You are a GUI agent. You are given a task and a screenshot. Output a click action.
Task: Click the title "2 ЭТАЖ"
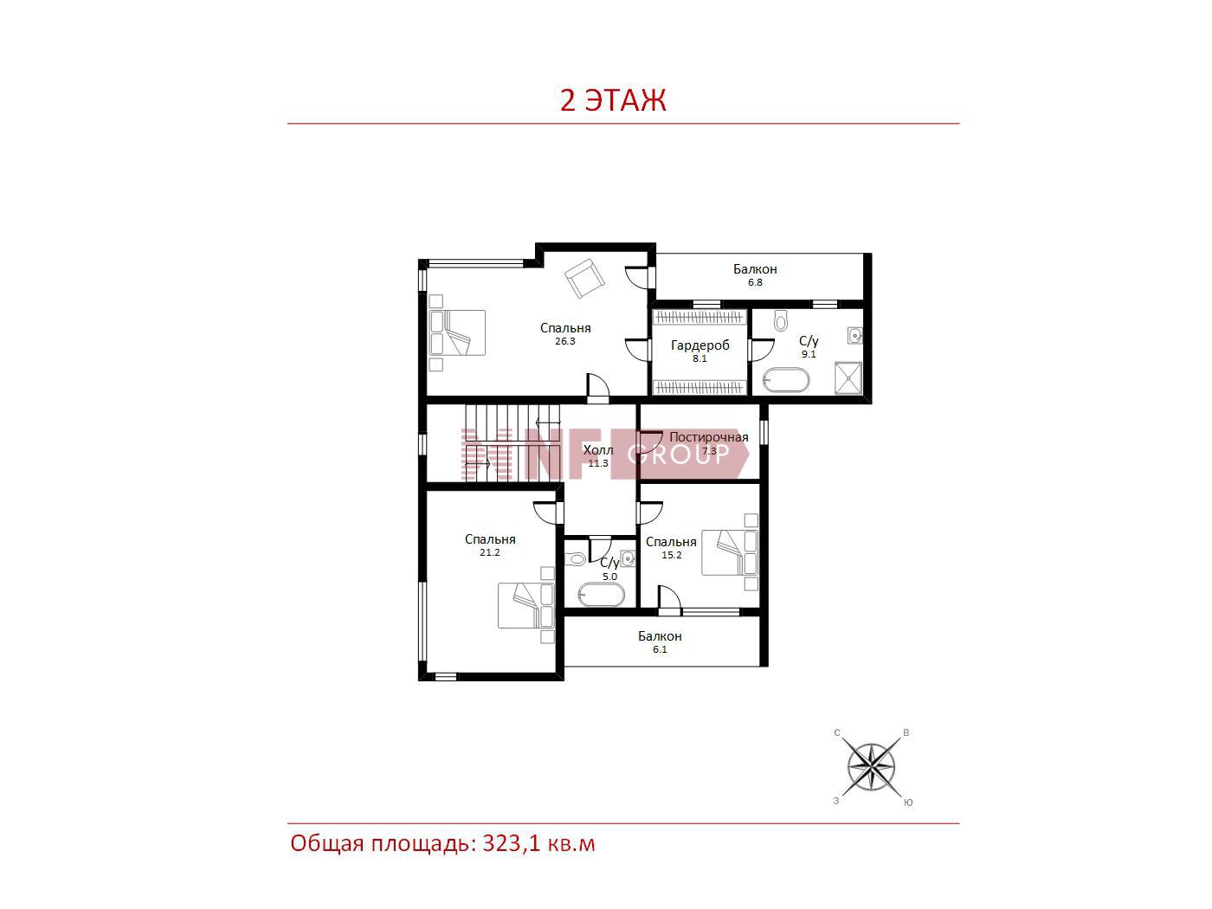[x=613, y=100]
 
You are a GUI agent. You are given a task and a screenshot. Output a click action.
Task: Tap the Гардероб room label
[x=699, y=345]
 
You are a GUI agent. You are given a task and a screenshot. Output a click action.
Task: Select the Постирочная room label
[x=708, y=437]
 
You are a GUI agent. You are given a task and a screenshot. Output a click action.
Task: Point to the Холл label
[x=598, y=450]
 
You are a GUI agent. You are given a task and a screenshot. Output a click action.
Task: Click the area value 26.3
[x=564, y=341]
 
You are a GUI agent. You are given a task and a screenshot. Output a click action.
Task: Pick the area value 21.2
[x=490, y=552]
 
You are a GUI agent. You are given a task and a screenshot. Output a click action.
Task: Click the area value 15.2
[x=672, y=555]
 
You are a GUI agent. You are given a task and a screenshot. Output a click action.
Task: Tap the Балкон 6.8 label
[x=755, y=274]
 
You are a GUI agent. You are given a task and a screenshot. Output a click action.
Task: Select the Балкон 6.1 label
[x=660, y=641]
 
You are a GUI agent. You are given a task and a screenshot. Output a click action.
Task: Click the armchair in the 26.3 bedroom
[x=584, y=278]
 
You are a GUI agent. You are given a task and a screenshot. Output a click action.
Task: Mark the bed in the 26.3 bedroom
[x=458, y=332]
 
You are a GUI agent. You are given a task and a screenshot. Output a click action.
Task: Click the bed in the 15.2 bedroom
[x=730, y=552]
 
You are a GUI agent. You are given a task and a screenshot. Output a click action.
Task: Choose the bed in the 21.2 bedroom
[x=526, y=605]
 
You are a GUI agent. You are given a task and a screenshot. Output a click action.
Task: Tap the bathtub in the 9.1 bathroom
[x=786, y=380]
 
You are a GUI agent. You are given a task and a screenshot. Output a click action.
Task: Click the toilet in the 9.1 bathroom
[x=780, y=320]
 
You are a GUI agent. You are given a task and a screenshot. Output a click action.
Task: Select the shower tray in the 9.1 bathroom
[x=848, y=378]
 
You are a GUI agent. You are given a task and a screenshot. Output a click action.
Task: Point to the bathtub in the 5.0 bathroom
[x=602, y=596]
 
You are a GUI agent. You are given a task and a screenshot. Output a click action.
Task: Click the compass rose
[x=871, y=767]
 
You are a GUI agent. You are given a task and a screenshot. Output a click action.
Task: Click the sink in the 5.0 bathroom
[x=628, y=558]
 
